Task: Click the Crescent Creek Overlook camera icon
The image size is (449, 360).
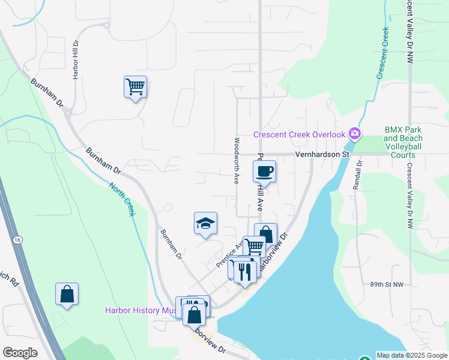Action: pos(355,133)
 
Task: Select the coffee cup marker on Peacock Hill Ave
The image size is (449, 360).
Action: pos(264,172)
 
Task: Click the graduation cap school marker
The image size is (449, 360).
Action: pos(205,224)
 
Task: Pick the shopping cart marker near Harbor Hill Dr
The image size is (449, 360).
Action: pos(135,87)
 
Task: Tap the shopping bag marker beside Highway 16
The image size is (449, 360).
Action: pos(67,294)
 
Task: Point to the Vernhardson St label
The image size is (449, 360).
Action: pos(322,154)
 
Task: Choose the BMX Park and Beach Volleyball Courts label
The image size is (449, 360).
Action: pos(403,142)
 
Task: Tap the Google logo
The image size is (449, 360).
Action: pos(20,353)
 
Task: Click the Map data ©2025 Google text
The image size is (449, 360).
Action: pos(411,355)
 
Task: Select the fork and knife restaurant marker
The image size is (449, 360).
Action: pos(245,271)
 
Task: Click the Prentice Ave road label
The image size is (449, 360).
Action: pos(229,254)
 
